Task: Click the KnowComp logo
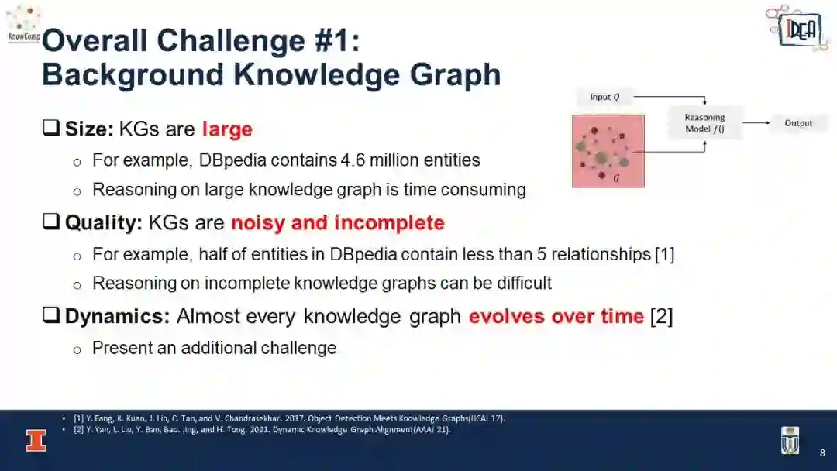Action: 23,24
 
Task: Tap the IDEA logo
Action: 797,28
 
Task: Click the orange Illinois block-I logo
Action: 36,441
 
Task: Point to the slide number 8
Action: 822,453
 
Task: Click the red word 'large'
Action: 227,129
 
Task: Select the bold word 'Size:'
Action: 89,129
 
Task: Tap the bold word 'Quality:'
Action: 104,223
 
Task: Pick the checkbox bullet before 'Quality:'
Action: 51,221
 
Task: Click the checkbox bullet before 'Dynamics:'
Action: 51,315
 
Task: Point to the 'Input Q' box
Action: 604,97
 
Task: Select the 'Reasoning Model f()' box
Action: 704,123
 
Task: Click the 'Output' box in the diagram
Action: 798,123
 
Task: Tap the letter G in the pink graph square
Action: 616,178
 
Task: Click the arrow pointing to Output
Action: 756,122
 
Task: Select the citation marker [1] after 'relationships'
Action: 665,254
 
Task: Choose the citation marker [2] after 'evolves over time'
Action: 661,316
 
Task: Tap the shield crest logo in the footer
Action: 790,441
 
